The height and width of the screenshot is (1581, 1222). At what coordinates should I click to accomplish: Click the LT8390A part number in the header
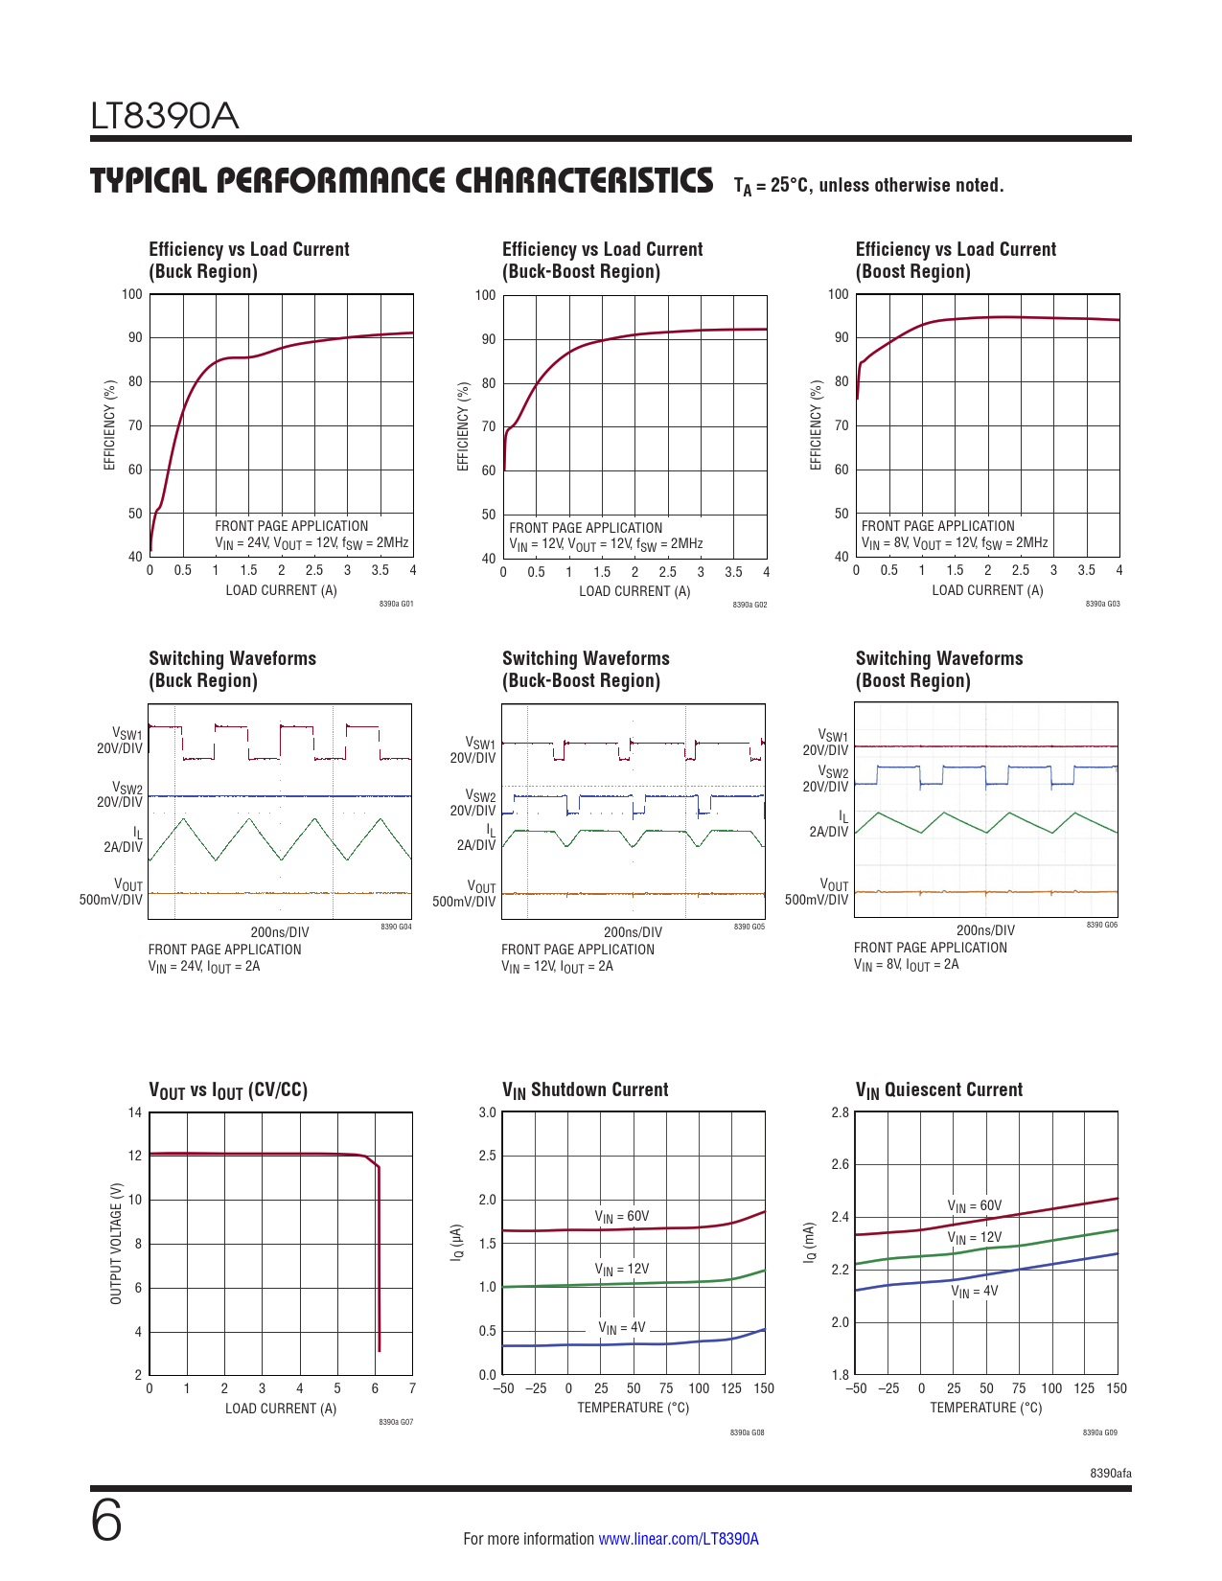click(165, 117)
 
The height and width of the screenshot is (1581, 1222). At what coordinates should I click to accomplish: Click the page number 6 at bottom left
click(106, 1521)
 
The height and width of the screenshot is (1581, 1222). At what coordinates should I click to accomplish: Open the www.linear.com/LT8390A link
click(678, 1539)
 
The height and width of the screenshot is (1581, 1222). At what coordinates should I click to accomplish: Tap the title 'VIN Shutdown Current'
click(585, 1089)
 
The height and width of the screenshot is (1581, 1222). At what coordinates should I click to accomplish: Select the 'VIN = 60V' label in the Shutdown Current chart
click(622, 1217)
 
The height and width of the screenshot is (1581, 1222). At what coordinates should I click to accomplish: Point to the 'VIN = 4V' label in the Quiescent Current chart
click(974, 1292)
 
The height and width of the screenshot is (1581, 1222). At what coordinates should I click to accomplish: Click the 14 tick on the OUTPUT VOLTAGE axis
click(135, 1112)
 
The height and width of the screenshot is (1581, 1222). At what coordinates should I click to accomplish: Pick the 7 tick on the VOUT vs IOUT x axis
click(412, 1387)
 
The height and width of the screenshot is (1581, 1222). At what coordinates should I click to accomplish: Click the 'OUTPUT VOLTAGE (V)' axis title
click(116, 1243)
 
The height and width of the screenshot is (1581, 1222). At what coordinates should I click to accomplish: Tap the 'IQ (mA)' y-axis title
click(810, 1243)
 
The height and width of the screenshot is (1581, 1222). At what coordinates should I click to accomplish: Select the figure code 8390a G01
click(396, 605)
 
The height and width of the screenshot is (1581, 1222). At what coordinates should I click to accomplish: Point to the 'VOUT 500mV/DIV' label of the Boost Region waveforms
click(818, 892)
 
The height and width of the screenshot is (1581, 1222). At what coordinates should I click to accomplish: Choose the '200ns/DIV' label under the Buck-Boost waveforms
click(633, 932)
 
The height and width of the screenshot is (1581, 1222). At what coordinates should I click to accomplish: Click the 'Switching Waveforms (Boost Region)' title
click(938, 669)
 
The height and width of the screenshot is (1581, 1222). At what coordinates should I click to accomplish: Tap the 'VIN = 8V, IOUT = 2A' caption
click(906, 965)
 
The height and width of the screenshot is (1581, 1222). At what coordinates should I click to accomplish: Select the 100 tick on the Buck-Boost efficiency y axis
click(486, 295)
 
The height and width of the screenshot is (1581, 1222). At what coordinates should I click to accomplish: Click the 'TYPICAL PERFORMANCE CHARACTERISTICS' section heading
click(402, 181)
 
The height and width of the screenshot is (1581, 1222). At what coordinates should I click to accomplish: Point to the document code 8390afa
click(1110, 1473)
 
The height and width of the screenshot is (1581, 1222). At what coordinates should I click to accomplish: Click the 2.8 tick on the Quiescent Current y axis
click(840, 1112)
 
